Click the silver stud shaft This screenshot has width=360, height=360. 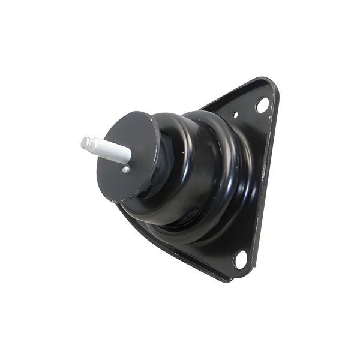click(x=111, y=150)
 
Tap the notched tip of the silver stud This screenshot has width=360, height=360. click(x=86, y=142)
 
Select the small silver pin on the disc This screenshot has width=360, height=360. click(x=125, y=170)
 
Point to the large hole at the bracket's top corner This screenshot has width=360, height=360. click(x=262, y=105)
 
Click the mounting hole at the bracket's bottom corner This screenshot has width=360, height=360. click(x=241, y=259)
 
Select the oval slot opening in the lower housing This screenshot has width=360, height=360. click(x=191, y=216)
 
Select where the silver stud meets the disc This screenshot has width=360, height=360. click(x=129, y=157)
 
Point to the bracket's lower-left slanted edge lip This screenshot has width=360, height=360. click(x=168, y=249)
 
